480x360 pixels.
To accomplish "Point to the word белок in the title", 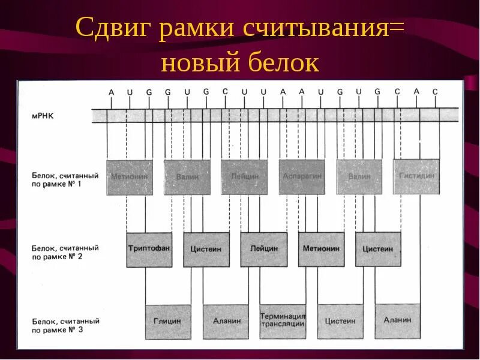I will (x=282, y=62).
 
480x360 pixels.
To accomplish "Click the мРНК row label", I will (x=44, y=113).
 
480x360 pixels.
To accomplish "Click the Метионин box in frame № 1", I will (x=129, y=177).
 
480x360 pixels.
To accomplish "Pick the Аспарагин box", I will (x=302, y=177).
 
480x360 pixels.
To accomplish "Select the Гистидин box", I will (x=416, y=176).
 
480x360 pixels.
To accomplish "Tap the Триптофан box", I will (x=149, y=250).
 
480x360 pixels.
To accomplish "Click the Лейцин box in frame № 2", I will (x=264, y=250).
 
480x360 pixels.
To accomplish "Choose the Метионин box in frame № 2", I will (x=321, y=250).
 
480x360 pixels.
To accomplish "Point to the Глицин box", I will (x=167, y=322).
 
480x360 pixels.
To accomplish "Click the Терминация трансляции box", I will (x=283, y=322).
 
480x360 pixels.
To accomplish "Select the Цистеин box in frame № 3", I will (x=340, y=322).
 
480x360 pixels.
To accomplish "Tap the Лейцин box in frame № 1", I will (x=244, y=177).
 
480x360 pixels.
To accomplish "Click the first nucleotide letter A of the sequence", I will (x=110, y=92).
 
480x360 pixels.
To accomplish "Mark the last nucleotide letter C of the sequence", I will (x=436, y=91).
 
